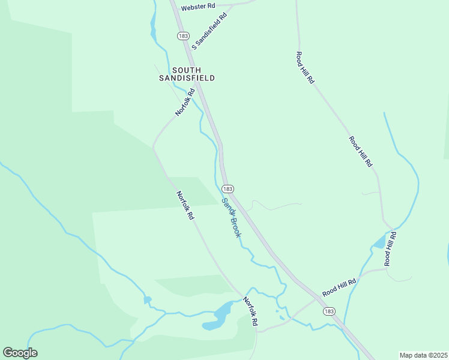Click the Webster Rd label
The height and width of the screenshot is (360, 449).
pos(198,6)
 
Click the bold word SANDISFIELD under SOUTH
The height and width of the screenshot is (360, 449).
pos(187,78)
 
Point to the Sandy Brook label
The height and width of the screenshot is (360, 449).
pos(231,218)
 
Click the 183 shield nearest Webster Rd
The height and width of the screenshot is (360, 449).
pos(183,36)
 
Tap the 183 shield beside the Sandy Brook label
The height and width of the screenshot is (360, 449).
pos(227,188)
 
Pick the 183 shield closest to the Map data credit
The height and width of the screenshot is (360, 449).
pos(328,311)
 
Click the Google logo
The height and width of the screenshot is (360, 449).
pos(20,353)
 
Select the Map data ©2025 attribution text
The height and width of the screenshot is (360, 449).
pos(423,355)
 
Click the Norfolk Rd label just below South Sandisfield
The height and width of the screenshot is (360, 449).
pos(185,102)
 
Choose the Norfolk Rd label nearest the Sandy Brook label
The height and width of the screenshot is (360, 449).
pos(185,205)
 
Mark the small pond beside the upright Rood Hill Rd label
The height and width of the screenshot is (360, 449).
pos(379,242)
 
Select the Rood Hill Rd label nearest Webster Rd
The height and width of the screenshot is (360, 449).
pos(305,67)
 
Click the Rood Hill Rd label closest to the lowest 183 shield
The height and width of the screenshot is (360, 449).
pos(339,287)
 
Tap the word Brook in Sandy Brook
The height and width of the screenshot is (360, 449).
pos(235,227)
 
